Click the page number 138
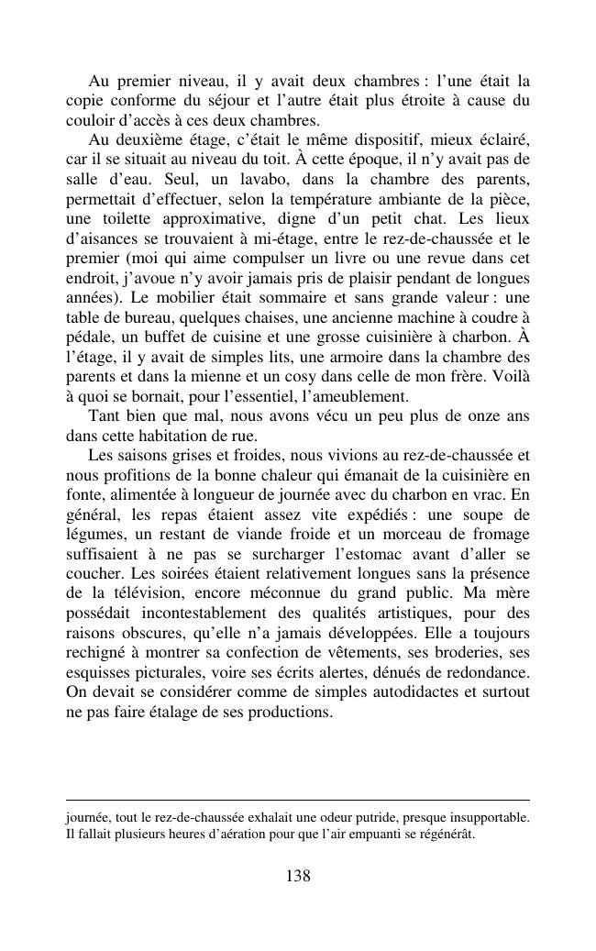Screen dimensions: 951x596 pos(298,876)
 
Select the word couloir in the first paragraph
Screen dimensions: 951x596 pos(90,119)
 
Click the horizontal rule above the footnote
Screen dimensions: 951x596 pos(298,800)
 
